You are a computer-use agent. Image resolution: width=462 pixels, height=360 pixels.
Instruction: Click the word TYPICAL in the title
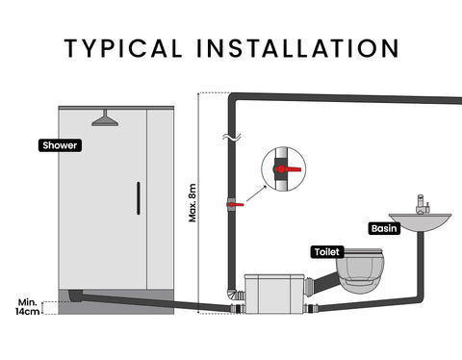click(x=121, y=48)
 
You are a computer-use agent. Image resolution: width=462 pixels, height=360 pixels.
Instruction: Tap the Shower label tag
click(x=60, y=146)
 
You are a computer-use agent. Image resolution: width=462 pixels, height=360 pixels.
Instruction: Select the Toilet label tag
click(x=326, y=251)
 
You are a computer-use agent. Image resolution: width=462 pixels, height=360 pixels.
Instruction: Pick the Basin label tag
click(x=383, y=229)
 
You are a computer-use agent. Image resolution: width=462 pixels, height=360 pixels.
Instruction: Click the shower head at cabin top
click(x=106, y=120)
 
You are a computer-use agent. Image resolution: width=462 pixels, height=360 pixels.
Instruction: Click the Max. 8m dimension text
click(x=192, y=201)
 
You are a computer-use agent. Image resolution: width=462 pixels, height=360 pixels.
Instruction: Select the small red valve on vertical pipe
click(x=234, y=204)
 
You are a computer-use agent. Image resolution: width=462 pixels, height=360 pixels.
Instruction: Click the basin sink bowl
click(x=420, y=222)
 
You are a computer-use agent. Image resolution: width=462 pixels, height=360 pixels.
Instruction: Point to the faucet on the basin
click(x=420, y=203)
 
